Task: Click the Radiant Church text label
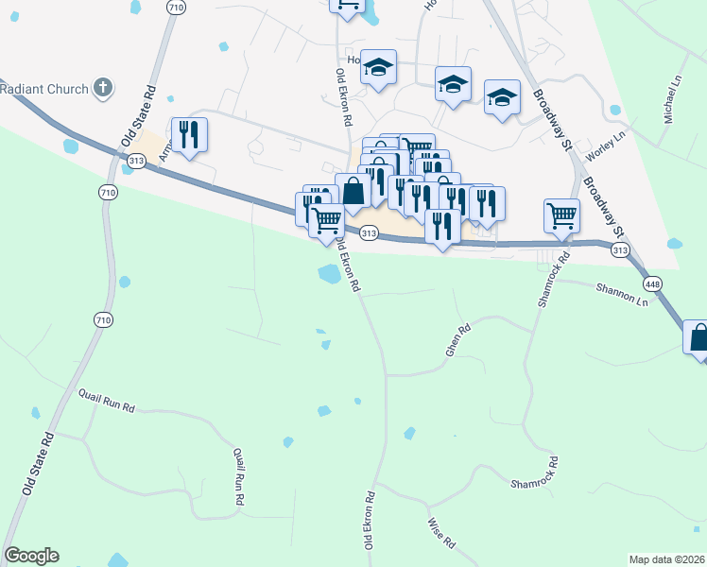click(x=43, y=90)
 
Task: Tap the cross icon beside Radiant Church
click(x=102, y=89)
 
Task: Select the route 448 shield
click(x=652, y=283)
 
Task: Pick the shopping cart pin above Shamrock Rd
click(x=561, y=215)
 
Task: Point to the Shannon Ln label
click(x=622, y=295)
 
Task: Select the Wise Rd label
click(x=441, y=533)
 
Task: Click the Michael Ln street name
click(x=672, y=99)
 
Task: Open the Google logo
click(x=31, y=556)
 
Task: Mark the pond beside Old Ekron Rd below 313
click(x=329, y=274)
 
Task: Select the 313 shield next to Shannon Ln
click(x=620, y=249)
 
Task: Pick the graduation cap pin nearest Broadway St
click(x=502, y=97)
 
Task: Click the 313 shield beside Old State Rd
click(x=136, y=162)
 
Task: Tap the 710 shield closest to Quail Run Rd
click(x=103, y=320)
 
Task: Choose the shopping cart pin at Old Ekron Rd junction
click(x=326, y=221)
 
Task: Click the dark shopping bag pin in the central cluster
click(x=353, y=190)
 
